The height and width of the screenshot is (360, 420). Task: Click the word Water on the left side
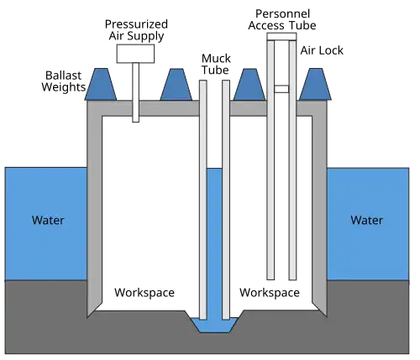(48, 222)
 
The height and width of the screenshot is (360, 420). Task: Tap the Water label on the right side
(367, 221)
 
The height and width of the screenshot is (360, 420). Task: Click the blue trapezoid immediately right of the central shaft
(249, 83)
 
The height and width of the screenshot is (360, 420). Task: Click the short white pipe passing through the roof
(134, 92)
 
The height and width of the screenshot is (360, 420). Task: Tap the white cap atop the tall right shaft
(281, 36)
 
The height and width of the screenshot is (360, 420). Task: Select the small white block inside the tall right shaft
(281, 87)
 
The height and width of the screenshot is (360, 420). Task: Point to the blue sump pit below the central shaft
(214, 323)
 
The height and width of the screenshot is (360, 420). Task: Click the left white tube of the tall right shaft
(270, 168)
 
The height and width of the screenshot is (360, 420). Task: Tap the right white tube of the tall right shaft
(293, 168)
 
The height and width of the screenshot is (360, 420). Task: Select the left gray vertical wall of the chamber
(95, 210)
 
